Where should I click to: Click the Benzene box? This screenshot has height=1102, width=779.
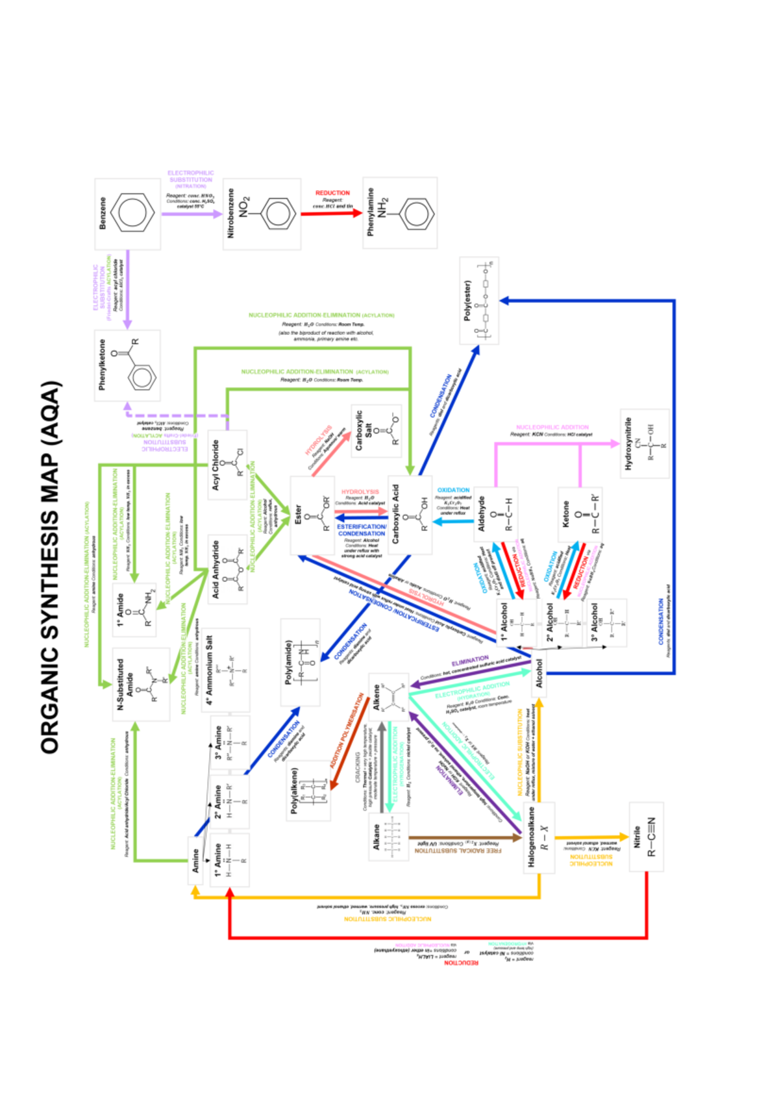click(x=127, y=214)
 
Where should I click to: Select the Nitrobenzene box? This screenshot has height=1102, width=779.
click(x=262, y=214)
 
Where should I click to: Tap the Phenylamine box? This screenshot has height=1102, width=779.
click(x=400, y=213)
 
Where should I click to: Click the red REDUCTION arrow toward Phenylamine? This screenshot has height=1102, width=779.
click(x=331, y=213)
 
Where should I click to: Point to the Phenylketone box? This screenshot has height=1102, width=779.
click(x=127, y=365)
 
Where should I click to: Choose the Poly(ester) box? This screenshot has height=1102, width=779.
click(x=479, y=300)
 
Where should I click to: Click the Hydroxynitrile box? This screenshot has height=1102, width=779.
click(x=644, y=444)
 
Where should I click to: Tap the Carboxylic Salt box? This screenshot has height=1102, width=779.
click(x=376, y=431)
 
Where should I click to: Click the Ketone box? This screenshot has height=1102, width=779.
click(x=580, y=514)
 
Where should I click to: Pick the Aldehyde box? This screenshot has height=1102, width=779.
click(x=495, y=514)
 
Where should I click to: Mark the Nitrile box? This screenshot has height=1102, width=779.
click(x=646, y=837)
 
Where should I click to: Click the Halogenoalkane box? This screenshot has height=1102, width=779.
click(x=539, y=837)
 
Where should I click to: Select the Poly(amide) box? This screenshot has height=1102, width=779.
click(x=300, y=662)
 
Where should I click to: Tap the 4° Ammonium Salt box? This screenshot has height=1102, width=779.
click(x=225, y=670)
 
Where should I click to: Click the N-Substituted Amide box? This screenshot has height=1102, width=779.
click(x=141, y=684)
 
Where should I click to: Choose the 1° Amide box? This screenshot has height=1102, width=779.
click(x=134, y=609)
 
